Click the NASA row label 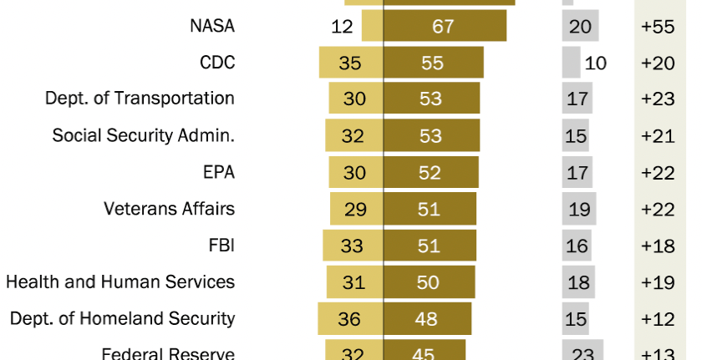(x=212, y=26)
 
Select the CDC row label (x=217, y=63)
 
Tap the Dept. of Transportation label (x=140, y=99)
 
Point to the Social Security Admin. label (x=143, y=135)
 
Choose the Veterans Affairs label (x=169, y=209)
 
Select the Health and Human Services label (x=120, y=281)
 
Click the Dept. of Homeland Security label (x=122, y=318)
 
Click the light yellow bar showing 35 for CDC (x=351, y=63)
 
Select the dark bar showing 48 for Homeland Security (x=427, y=318)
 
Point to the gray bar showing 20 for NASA (x=580, y=26)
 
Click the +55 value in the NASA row (x=659, y=26)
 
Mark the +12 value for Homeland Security (x=659, y=318)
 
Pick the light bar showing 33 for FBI (x=353, y=246)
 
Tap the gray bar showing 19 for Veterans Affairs (x=579, y=209)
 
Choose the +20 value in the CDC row (x=659, y=63)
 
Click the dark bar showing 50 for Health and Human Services (x=429, y=281)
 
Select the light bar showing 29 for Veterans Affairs (x=356, y=209)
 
